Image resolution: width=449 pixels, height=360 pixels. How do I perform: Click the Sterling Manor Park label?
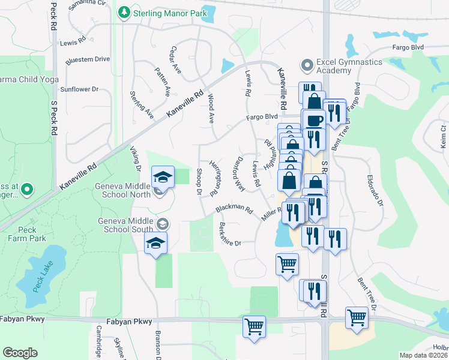[x=170, y=12]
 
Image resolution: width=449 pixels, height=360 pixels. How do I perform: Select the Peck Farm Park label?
[x=28, y=233]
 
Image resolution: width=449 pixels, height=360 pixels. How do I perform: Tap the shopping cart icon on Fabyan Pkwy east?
[x=357, y=317]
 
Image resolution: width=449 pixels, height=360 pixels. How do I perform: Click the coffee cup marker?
[x=313, y=120]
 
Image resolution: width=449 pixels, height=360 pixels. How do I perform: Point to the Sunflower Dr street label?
[x=79, y=89]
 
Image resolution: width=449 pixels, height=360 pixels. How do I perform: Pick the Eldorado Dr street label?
[x=375, y=190]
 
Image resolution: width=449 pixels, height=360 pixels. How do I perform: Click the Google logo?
[x=20, y=353]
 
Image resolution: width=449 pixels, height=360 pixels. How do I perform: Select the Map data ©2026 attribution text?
[x=423, y=355]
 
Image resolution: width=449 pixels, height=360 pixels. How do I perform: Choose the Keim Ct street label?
[x=443, y=137]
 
